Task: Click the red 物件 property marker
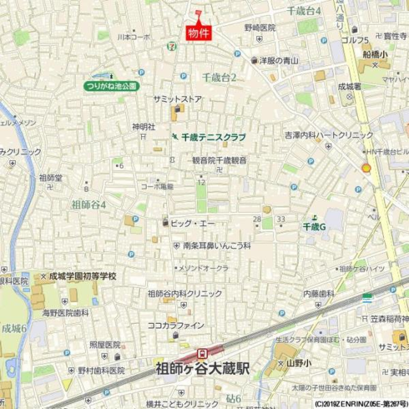pos(199,33)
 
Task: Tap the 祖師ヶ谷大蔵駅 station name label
pos(202,369)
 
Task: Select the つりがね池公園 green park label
pos(112,86)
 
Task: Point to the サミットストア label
pos(178,99)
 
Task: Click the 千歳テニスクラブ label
pos(213,137)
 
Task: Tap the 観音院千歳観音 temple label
pos(219,161)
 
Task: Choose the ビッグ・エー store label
pos(193,223)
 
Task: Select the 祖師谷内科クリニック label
pos(185,294)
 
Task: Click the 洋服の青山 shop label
pos(279,60)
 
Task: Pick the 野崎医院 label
pos(260,28)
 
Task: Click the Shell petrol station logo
pos(366,168)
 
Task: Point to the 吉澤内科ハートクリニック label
pos(329,135)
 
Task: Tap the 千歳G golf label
pos(314,227)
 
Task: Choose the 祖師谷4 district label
pos(89,204)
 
